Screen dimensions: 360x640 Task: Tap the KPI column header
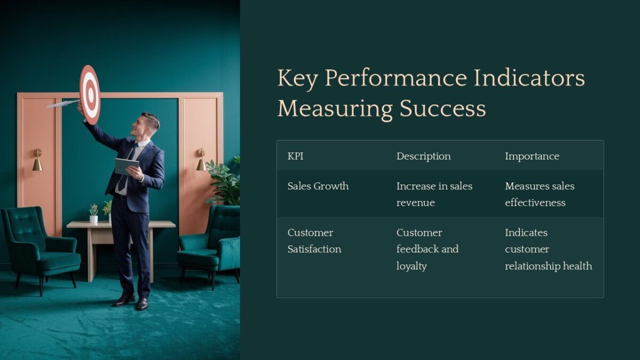295,156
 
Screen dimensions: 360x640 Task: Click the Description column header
423,156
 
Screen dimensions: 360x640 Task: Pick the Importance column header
532,156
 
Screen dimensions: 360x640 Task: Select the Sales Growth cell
318,186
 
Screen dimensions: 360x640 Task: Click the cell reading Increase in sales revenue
434,194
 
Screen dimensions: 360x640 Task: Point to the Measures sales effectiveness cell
539,194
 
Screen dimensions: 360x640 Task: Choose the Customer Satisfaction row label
314,241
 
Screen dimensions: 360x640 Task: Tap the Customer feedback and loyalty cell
427,249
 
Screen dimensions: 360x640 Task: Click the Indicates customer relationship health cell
548,249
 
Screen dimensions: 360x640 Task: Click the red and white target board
90,94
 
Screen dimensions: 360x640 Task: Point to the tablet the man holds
126,166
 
